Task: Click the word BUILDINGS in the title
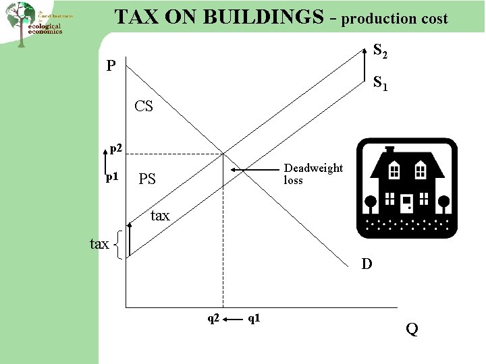tap(259, 17)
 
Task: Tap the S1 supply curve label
tap(380, 84)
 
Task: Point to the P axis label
tap(111, 66)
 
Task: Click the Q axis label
tap(412, 329)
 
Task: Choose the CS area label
tap(144, 106)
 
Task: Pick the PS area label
tap(146, 179)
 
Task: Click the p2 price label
tap(116, 147)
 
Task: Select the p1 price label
tap(113, 177)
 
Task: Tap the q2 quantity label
tap(213, 317)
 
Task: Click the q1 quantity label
tap(255, 317)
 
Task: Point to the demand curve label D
tap(367, 264)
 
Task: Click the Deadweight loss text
tap(313, 174)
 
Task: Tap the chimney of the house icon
tap(389, 150)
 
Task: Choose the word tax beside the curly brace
tap(99, 244)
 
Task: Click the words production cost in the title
tap(394, 19)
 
